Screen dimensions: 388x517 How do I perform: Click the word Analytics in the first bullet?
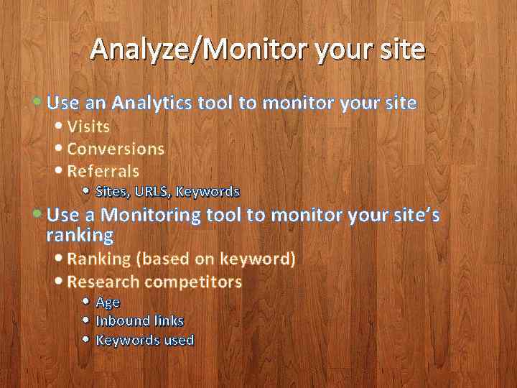[152, 103]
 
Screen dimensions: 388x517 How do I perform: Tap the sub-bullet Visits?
[88, 126]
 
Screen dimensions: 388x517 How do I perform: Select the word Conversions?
[116, 149]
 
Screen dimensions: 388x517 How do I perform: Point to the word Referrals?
[103, 171]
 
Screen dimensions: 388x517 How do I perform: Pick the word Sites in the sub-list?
[111, 192]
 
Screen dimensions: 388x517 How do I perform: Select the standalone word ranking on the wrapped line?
[80, 234]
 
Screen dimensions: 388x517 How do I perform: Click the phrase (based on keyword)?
[215, 259]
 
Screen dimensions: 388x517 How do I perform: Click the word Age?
[108, 302]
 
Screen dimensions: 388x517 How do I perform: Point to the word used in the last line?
[179, 340]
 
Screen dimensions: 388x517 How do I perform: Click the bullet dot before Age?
[85, 302]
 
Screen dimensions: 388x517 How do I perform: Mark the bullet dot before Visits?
[59, 126]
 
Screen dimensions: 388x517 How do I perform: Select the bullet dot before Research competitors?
[59, 282]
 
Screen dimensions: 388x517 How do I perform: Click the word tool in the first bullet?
[215, 103]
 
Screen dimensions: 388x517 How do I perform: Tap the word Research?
[103, 282]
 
